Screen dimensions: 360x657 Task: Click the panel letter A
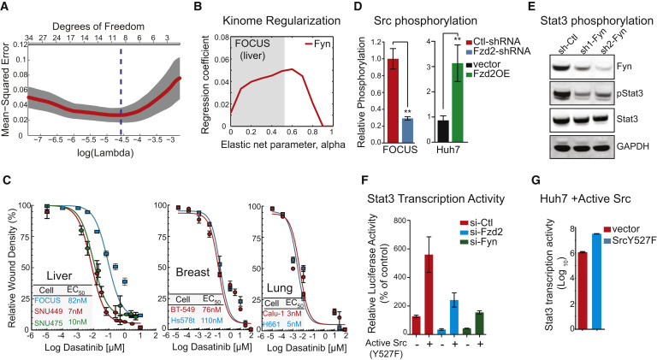click(7, 7)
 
